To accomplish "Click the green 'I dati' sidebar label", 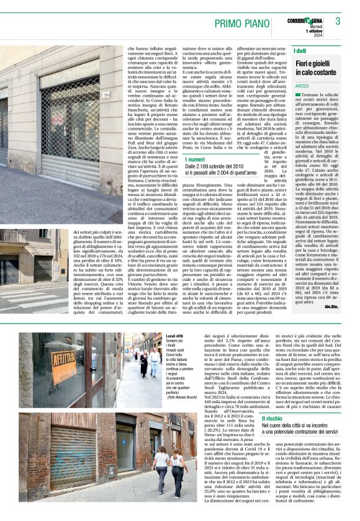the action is point(300,51).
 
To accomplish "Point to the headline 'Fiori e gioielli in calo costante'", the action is point(315,68).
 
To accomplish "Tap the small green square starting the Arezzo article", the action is point(298,94).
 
